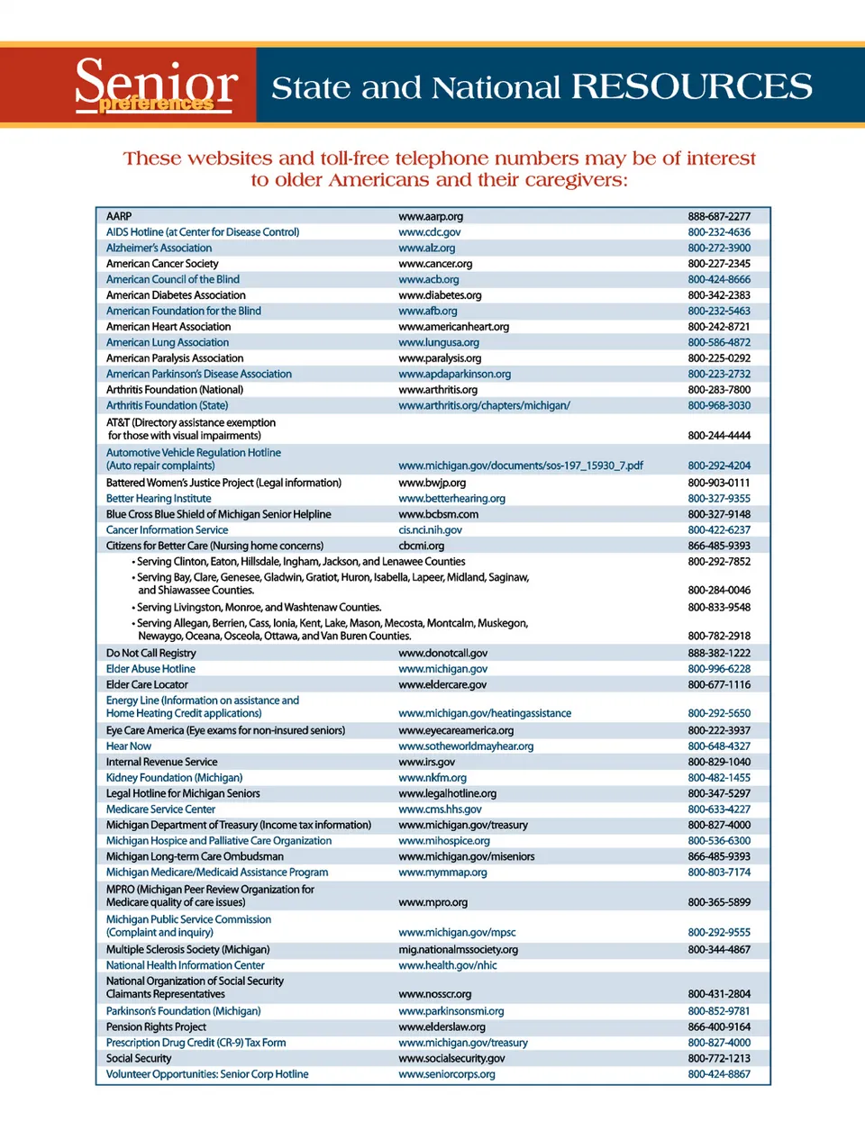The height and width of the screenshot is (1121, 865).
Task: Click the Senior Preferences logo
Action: [x=156, y=86]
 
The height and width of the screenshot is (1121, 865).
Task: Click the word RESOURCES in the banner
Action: [x=691, y=87]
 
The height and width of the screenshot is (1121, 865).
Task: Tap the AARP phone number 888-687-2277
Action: [x=718, y=216]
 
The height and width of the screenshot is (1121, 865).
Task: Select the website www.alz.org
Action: [x=426, y=248]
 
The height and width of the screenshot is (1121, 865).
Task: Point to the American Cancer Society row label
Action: [x=162, y=264]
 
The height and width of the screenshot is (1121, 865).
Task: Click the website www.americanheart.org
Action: [x=453, y=327]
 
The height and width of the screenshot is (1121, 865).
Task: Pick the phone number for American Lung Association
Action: [x=718, y=342]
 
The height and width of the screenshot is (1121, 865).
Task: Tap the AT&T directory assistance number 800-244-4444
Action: [x=718, y=436]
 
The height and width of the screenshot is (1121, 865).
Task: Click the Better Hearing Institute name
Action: [x=159, y=498]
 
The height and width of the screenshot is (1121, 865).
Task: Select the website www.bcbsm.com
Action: [x=438, y=514]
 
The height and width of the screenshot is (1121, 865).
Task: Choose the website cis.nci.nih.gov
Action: [x=430, y=530]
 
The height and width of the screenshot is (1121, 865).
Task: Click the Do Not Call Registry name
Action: [x=150, y=653]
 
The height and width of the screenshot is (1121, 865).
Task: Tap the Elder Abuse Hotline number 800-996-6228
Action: [x=718, y=669]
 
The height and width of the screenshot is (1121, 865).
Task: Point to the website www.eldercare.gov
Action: [x=442, y=684]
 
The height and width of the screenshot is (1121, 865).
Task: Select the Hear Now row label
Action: [x=129, y=746]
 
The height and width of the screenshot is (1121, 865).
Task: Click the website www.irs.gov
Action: [x=426, y=762]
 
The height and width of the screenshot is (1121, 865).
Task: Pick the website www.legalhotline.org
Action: [x=447, y=793]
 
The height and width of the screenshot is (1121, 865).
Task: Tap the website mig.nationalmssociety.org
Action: [x=458, y=949]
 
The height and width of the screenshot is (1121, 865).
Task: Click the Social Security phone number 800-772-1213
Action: [x=718, y=1058]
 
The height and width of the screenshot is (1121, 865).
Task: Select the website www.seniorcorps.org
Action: [x=446, y=1074]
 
